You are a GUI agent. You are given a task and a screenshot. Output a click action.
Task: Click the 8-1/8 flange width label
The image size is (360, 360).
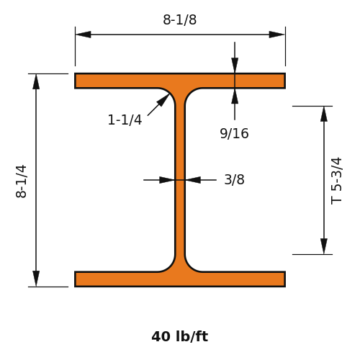tap(180, 19)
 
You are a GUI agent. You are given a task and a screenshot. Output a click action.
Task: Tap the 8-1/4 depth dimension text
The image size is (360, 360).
tap(21, 181)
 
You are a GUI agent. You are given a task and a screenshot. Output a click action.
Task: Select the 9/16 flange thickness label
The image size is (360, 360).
tap(234, 133)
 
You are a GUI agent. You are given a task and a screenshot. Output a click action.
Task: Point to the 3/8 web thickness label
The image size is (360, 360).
tap(234, 179)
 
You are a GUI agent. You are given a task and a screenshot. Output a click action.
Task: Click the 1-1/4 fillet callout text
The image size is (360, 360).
tap(125, 120)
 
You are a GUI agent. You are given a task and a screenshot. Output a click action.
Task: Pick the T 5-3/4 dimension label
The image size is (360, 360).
tap(336, 181)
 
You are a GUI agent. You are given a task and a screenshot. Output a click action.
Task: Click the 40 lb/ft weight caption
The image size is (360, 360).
tap(180, 336)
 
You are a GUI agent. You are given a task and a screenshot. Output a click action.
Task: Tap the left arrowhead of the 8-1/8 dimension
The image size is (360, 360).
tap(84, 35)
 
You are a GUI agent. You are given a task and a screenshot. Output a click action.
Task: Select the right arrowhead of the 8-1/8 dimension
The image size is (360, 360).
tap(276, 35)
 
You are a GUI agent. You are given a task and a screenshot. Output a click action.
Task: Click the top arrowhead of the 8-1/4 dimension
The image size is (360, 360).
tap(36, 81)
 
